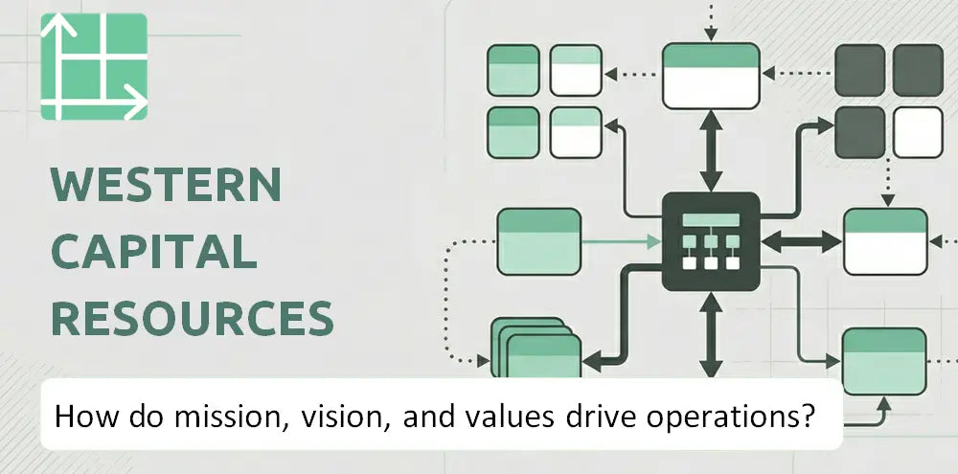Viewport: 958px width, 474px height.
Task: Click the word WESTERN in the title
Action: (166, 185)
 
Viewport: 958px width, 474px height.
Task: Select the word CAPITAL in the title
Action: (154, 252)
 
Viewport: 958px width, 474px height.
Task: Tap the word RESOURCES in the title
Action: (193, 318)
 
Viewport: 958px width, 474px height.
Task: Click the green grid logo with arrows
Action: (94, 66)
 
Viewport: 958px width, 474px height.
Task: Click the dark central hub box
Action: (711, 241)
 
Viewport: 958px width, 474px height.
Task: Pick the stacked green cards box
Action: (536, 349)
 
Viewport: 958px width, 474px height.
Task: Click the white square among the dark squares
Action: (919, 132)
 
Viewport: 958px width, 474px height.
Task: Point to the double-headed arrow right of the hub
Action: (802, 241)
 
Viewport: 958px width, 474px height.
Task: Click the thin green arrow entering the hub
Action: (622, 242)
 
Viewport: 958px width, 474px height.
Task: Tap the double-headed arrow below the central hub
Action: (711, 334)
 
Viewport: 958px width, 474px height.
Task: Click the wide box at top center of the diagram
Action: (711, 76)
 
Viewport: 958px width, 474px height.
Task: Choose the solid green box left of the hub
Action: (538, 241)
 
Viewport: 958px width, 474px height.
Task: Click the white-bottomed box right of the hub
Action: (885, 241)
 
